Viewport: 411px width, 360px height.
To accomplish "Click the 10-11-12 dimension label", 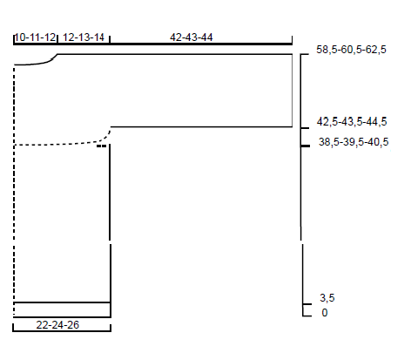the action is (x=35, y=37).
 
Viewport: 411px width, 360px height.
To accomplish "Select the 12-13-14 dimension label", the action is (x=84, y=37).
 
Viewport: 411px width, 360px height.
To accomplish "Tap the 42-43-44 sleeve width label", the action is (x=192, y=37).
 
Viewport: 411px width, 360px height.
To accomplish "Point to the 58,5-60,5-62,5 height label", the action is (x=351, y=50).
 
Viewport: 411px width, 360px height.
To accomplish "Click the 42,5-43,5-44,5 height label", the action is (x=352, y=121).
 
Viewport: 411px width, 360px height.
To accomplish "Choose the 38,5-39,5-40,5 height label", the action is (x=354, y=142).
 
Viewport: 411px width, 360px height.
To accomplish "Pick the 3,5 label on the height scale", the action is (x=327, y=298).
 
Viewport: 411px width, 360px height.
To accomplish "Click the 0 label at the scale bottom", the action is (x=325, y=313).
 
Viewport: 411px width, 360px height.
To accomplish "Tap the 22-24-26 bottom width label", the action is (x=57, y=325).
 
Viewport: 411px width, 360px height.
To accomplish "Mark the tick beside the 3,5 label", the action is (x=307, y=304).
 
